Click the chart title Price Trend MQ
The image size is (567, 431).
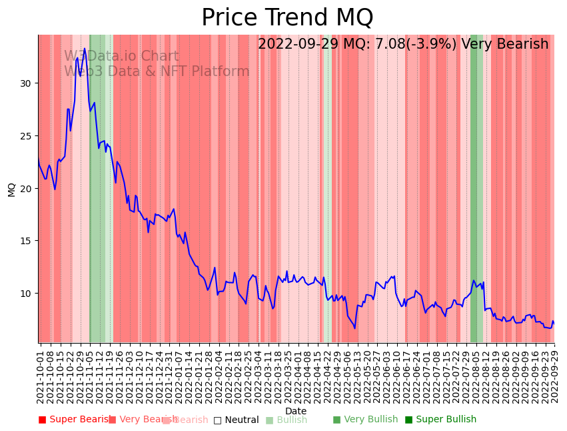[x=287, y=18]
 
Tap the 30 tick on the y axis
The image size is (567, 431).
[x=26, y=83]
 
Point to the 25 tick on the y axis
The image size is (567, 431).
[x=26, y=136]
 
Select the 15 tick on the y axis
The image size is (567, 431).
[x=26, y=241]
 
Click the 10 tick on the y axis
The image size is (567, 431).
[x=26, y=294]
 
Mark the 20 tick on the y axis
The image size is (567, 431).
[x=26, y=188]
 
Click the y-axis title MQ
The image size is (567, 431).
[x=11, y=189]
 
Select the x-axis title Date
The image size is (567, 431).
[x=296, y=412]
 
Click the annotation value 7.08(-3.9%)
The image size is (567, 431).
[x=415, y=45]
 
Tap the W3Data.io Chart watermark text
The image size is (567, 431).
[x=121, y=57]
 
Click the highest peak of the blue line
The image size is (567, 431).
[x=84, y=49]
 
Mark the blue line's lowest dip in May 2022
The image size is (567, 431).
[x=354, y=328]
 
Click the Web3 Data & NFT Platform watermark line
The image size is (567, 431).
[x=157, y=71]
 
